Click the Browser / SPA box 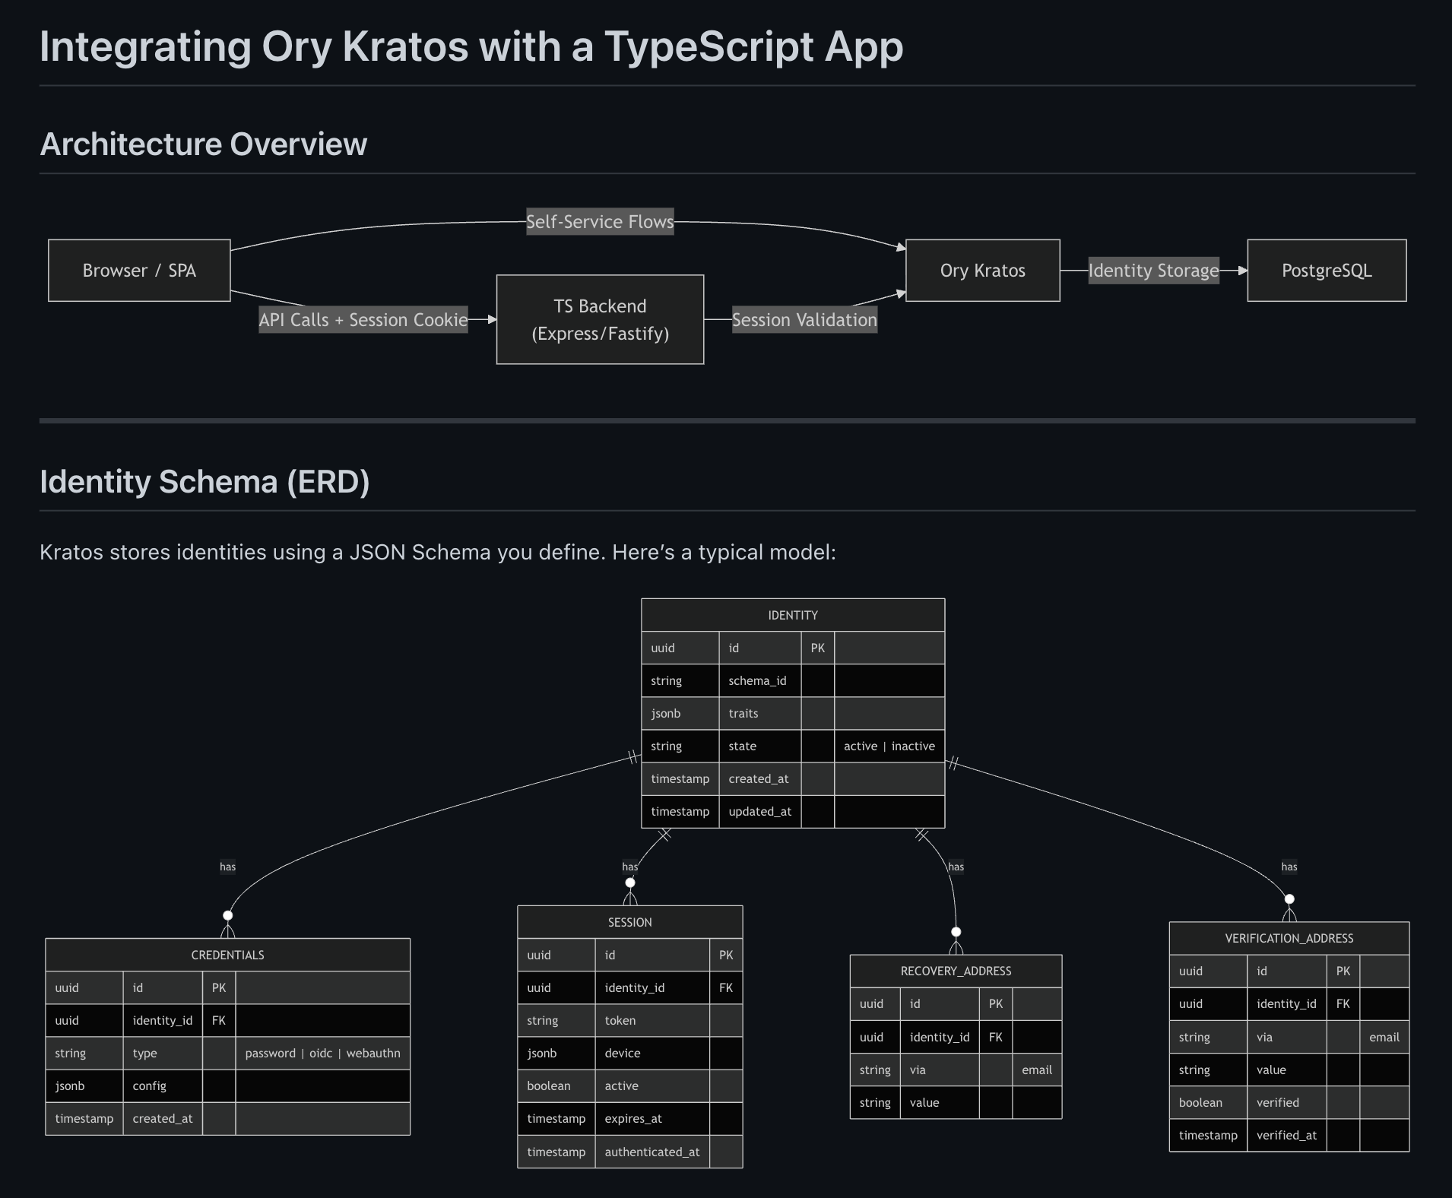click(x=139, y=271)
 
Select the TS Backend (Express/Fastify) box click(x=600, y=319)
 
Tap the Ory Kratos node click(x=982, y=271)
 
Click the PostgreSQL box click(x=1327, y=271)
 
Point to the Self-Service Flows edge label click(x=600, y=222)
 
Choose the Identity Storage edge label click(x=1153, y=271)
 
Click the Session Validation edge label click(x=804, y=320)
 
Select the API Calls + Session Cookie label click(x=363, y=320)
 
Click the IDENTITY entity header click(x=793, y=615)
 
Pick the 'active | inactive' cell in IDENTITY click(x=889, y=746)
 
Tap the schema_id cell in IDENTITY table click(x=757, y=681)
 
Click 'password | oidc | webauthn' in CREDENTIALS click(x=322, y=1054)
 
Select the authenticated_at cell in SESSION click(x=651, y=1152)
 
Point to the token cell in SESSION click(x=620, y=1021)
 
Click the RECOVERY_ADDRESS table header click(x=956, y=971)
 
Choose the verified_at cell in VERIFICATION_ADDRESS click(x=1286, y=1136)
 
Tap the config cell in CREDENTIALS click(x=150, y=1086)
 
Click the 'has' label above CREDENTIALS click(x=227, y=867)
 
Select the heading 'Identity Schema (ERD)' click(x=204, y=482)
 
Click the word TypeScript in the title click(x=709, y=47)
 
